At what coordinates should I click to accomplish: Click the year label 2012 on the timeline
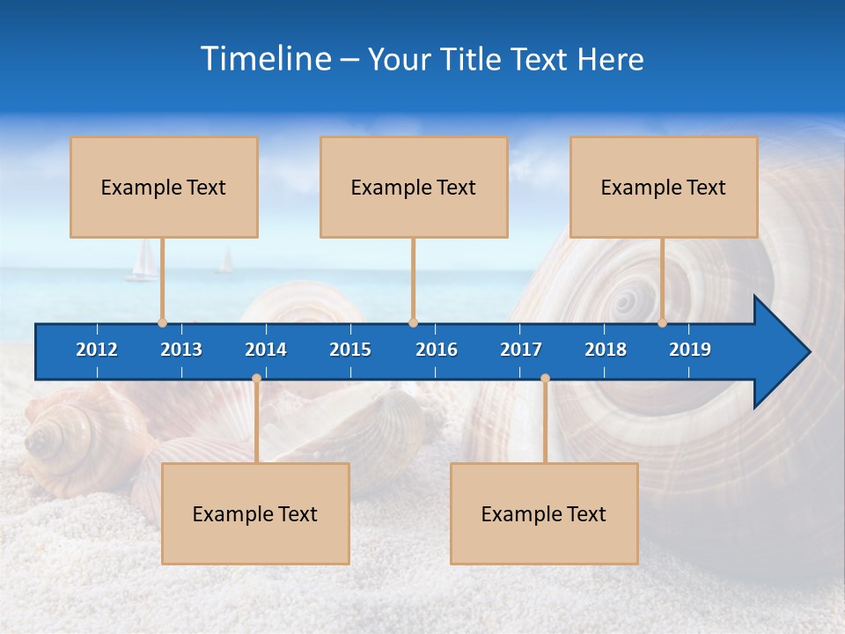[97, 350]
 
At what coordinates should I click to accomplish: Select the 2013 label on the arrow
[181, 350]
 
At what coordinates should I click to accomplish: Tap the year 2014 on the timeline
[266, 350]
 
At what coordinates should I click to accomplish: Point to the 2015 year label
[350, 350]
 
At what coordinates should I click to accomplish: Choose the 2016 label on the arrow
[437, 350]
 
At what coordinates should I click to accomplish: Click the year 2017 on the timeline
[521, 350]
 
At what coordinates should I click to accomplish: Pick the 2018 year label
[606, 350]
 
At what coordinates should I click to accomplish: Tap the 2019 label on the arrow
[690, 350]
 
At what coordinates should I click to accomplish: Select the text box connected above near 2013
[164, 187]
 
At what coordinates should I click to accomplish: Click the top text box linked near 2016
[414, 187]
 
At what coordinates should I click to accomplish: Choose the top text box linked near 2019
[664, 187]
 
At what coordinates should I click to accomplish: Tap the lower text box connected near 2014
[255, 513]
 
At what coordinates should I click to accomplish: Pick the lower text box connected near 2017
[544, 513]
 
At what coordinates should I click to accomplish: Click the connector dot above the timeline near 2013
[162, 322]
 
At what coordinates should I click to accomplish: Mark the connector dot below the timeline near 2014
[256, 379]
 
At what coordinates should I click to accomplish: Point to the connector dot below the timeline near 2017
[545, 379]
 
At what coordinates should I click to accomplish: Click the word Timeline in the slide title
[266, 58]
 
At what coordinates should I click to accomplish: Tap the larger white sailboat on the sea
[143, 262]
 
